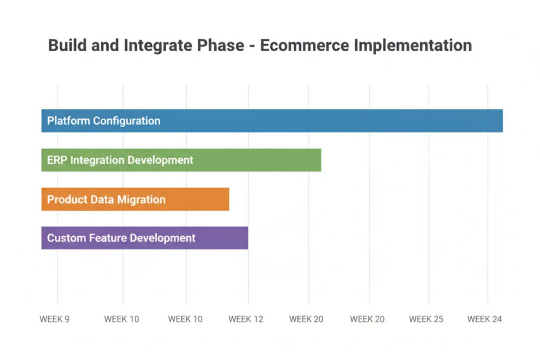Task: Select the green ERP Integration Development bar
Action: point(253,160)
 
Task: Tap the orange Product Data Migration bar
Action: point(200,199)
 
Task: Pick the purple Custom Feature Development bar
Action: point(221,238)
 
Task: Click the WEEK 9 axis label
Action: point(54,319)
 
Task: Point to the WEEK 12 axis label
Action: point(246,319)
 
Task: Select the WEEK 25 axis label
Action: point(426,319)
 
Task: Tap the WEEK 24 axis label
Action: point(485,319)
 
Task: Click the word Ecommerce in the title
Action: point(304,45)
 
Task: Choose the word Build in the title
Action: point(66,45)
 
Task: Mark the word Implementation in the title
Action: point(412,45)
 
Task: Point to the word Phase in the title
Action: point(223,45)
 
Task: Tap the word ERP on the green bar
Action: point(57,160)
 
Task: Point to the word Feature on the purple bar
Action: point(105,238)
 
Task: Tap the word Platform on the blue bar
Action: point(69,121)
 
